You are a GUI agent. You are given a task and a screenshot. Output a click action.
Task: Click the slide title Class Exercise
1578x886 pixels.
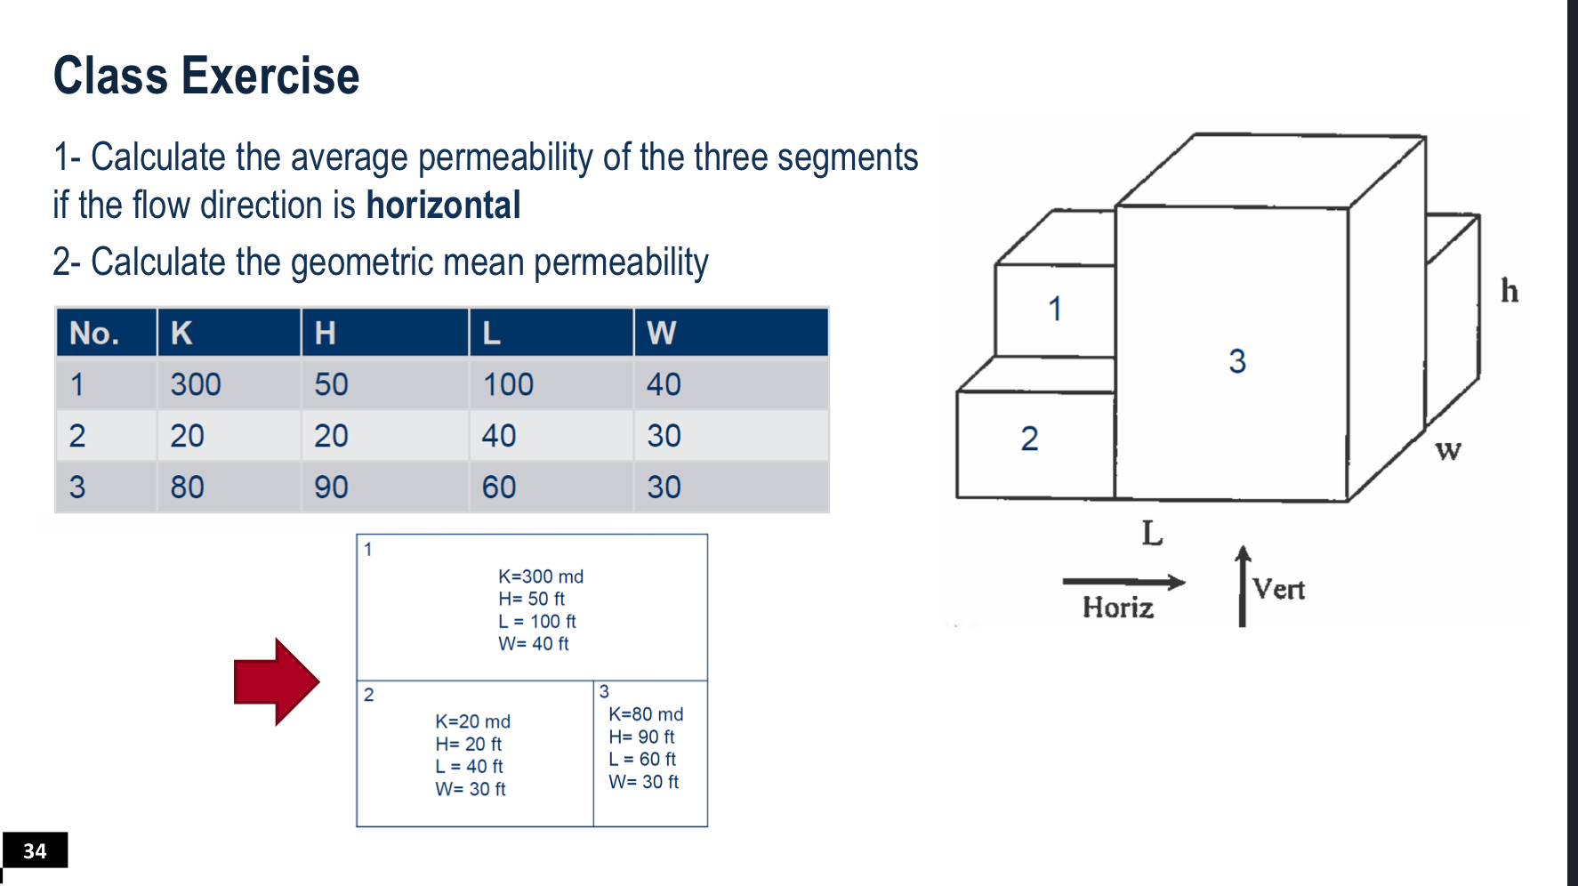click(206, 76)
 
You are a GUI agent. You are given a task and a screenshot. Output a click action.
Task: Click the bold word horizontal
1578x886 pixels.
click(443, 205)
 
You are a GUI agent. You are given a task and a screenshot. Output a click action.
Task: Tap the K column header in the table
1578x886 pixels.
click(181, 333)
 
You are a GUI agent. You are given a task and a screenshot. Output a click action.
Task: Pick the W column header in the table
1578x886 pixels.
click(661, 333)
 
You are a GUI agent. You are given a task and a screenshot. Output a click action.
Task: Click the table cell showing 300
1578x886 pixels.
click(196, 384)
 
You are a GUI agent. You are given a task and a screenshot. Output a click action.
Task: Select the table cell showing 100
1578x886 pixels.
click(508, 384)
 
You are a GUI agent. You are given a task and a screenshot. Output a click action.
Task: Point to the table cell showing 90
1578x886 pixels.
click(331, 487)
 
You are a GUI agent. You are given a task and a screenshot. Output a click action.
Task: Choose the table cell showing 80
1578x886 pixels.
click(187, 487)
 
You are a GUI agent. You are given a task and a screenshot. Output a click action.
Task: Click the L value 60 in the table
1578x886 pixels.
click(499, 487)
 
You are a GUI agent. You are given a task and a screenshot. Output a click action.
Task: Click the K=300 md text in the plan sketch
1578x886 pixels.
click(541, 576)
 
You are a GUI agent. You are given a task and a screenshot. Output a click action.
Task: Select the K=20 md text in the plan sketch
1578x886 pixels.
click(472, 721)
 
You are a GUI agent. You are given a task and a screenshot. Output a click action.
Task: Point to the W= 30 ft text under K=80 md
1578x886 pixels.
click(643, 782)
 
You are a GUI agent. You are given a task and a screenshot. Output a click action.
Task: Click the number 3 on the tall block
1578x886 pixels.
click(1237, 361)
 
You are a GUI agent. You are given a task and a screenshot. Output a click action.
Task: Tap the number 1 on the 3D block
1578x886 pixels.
click(1055, 310)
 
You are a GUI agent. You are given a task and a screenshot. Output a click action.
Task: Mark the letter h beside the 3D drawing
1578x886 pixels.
click(1510, 291)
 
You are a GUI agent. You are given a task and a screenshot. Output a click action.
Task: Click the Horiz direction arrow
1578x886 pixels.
click(1123, 583)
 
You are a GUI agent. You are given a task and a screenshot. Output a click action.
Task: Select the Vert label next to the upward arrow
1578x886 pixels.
click(1278, 589)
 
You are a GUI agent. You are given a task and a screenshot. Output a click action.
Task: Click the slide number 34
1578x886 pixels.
click(35, 851)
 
